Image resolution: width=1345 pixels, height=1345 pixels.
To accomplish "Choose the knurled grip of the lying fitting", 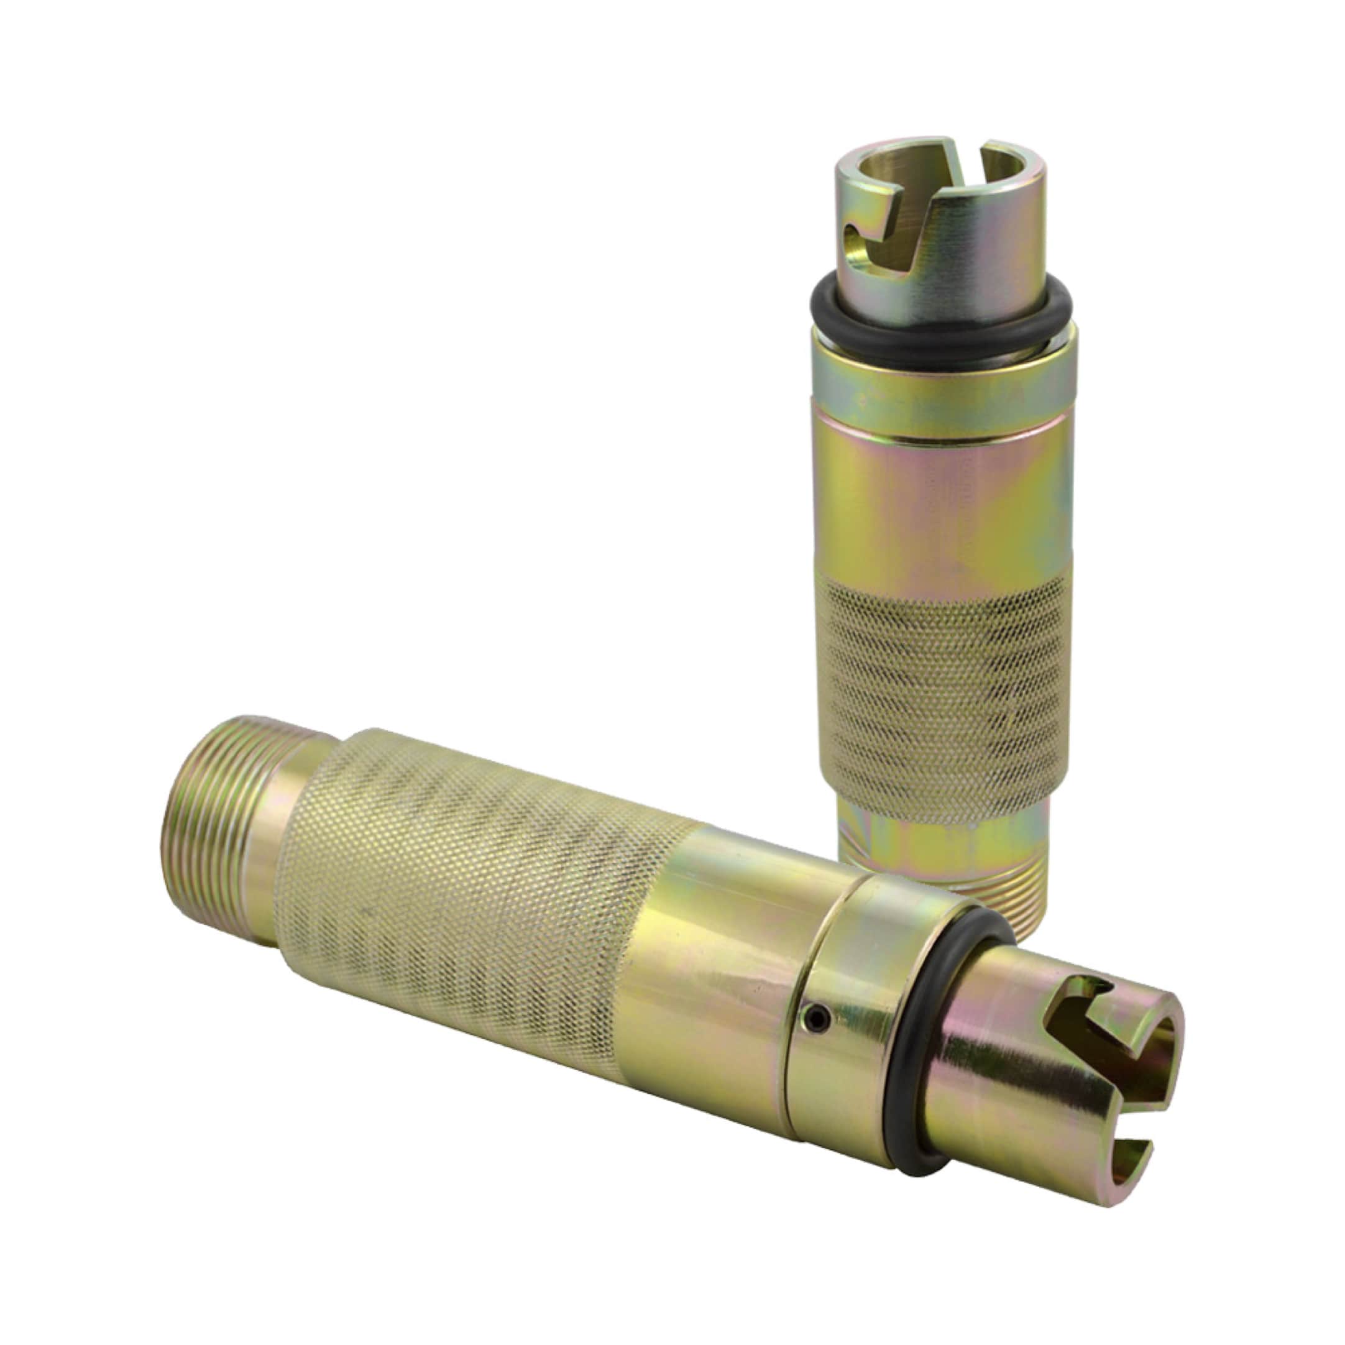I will point(474,905).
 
